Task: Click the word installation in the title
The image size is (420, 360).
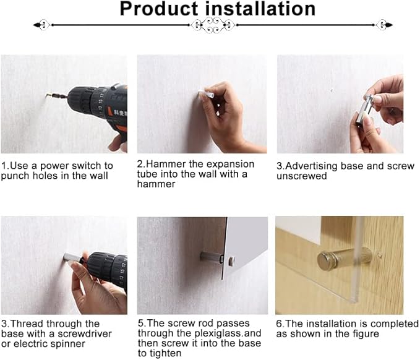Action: click(260, 9)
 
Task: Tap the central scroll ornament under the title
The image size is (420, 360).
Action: click(213, 25)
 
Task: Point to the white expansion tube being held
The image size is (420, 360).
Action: click(206, 93)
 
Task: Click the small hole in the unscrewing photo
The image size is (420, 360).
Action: click(332, 90)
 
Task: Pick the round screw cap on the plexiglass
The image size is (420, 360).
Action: click(231, 260)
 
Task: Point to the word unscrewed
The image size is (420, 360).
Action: click(302, 176)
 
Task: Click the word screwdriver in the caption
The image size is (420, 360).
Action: click(85, 334)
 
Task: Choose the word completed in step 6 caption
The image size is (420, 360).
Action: click(395, 324)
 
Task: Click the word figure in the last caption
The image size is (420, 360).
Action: click(366, 334)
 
